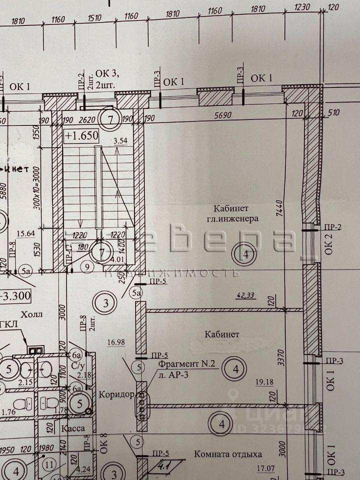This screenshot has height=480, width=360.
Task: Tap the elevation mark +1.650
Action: tap(81, 135)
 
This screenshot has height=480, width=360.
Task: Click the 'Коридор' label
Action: tap(116, 394)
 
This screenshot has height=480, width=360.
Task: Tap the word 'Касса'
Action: tap(72, 428)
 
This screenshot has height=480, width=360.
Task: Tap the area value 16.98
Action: tap(115, 342)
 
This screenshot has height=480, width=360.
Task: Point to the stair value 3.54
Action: tap(120, 141)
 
